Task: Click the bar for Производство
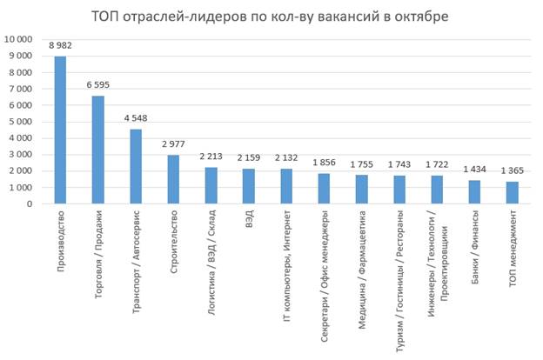coord(60,130)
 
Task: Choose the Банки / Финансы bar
coord(475,192)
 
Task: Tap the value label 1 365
coord(513,172)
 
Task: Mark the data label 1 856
coord(325,163)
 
